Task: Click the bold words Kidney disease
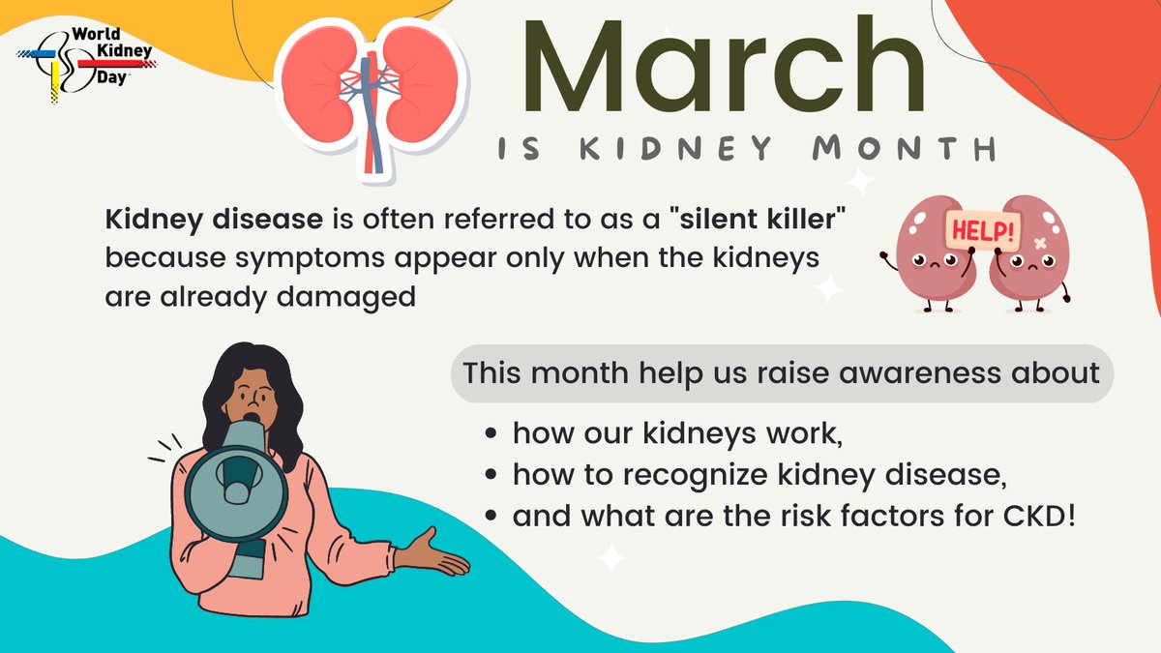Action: (x=214, y=221)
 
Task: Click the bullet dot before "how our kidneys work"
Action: (x=494, y=435)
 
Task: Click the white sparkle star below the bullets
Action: (x=610, y=558)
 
